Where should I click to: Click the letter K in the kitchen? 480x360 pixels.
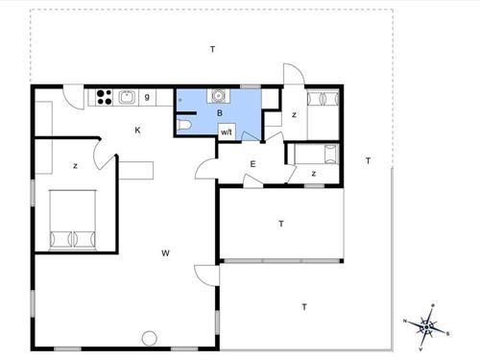(x=137, y=131)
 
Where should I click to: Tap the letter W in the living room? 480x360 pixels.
(x=165, y=253)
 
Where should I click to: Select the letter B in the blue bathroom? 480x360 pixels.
(x=220, y=113)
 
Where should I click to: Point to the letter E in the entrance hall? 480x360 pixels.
(x=252, y=164)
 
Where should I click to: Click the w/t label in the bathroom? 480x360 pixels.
(x=227, y=132)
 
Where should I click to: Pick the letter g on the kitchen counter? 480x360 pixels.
(x=147, y=96)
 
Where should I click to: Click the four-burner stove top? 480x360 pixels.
(x=105, y=97)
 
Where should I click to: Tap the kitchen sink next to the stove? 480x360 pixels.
(x=128, y=97)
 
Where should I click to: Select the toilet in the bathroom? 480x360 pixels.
(x=183, y=125)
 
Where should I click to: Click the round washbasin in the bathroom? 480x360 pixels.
(x=218, y=96)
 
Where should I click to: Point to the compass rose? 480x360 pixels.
(x=426, y=326)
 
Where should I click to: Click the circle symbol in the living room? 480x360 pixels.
(x=150, y=338)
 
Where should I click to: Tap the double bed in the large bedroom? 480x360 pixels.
(x=73, y=220)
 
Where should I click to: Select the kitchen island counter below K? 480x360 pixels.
(x=136, y=170)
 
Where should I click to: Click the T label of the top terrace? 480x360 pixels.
(x=212, y=49)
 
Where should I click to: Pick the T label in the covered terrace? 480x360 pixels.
(x=281, y=224)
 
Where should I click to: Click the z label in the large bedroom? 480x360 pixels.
(x=75, y=166)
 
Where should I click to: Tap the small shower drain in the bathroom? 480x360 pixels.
(x=180, y=100)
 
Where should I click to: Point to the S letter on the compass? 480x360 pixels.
(x=447, y=334)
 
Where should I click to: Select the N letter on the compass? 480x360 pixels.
(x=405, y=321)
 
